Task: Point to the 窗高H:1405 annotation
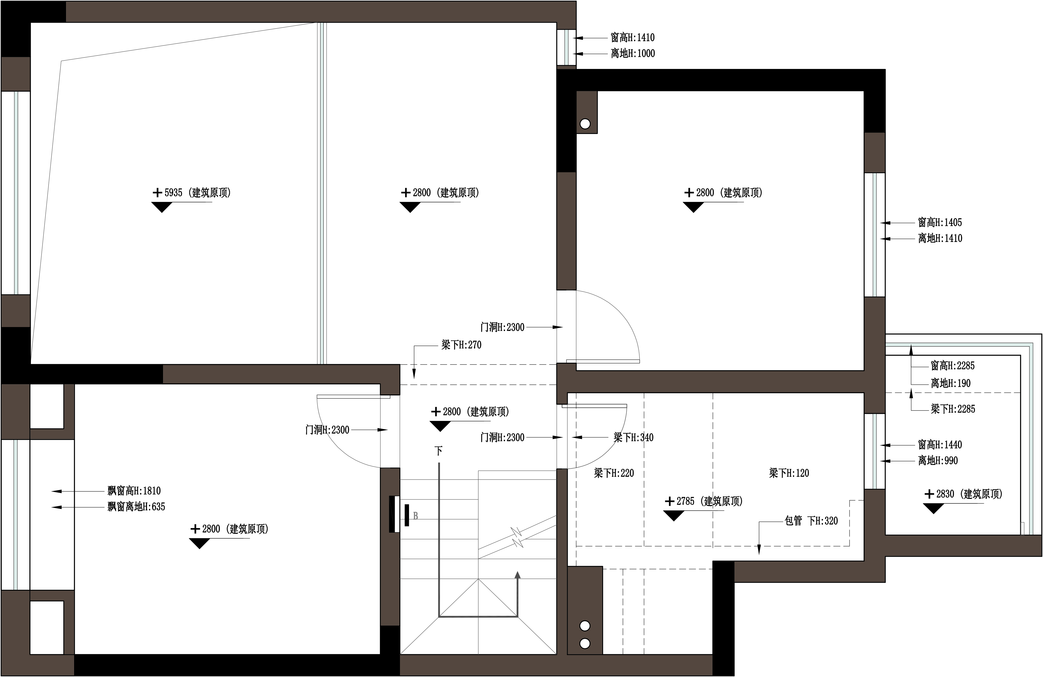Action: tap(940, 222)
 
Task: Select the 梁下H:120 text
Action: tap(789, 473)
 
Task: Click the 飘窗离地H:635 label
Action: tap(136, 507)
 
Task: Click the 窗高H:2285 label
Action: tap(953, 365)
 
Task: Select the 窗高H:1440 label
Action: tap(940, 445)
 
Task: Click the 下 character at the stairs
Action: tap(438, 451)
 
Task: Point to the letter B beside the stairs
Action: tap(415, 516)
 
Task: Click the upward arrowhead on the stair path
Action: tap(518, 575)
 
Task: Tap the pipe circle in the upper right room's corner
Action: tap(585, 124)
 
